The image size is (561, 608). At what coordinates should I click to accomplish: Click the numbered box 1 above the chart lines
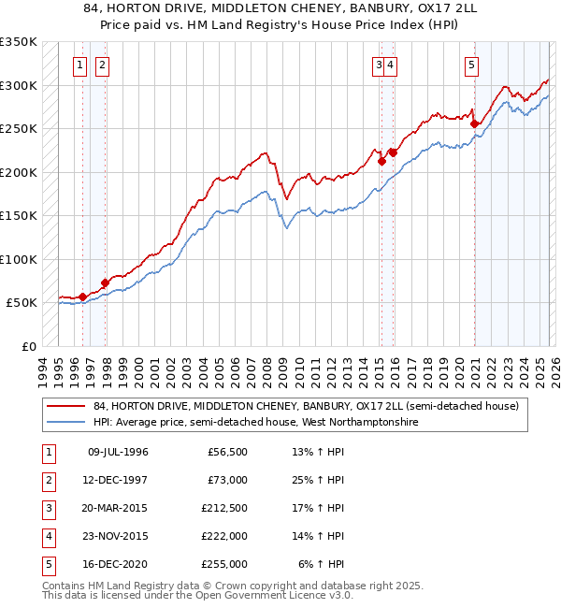pos(80,65)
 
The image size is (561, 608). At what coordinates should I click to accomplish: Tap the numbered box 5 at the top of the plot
pos(470,65)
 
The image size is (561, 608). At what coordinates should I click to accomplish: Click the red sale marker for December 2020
pos(474,123)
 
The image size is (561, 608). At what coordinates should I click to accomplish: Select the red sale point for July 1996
pos(82,297)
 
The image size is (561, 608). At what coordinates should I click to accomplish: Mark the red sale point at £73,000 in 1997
pos(105,282)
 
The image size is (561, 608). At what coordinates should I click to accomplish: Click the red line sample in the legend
pos(67,406)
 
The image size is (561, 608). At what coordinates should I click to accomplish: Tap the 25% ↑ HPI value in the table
pos(318,480)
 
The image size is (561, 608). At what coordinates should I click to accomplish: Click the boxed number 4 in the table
pos(47,536)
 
